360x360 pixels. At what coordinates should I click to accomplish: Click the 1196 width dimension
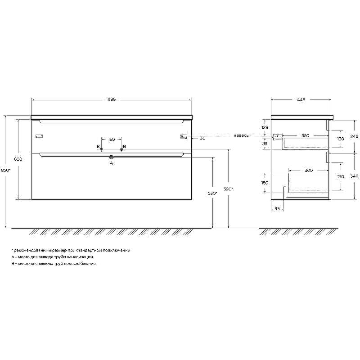point(111,99)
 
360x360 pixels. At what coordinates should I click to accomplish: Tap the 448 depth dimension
point(301,100)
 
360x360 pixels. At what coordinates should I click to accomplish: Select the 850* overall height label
point(5,170)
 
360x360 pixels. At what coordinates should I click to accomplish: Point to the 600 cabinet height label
point(18,159)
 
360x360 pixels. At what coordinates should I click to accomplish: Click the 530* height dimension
point(212,193)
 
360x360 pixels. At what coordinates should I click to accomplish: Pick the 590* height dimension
point(228,189)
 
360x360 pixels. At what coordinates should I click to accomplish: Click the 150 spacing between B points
point(111,139)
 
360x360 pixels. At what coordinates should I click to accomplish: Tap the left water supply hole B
point(102,149)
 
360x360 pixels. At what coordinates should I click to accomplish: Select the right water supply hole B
point(121,149)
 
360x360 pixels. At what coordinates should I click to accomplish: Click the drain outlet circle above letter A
point(112,157)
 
